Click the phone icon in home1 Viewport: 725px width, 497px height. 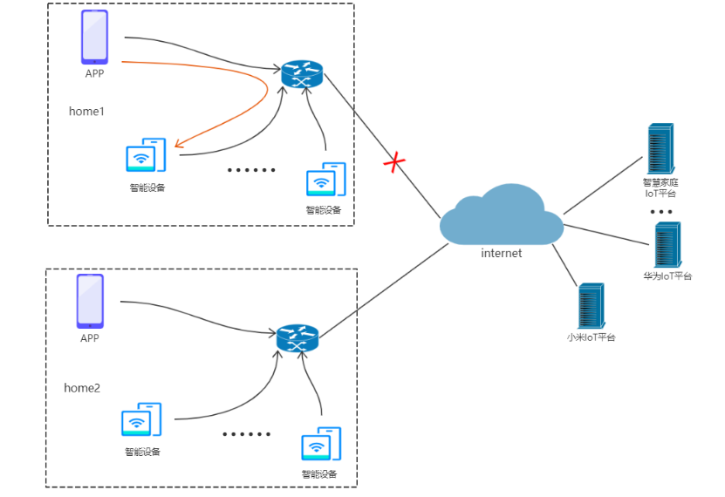(x=94, y=37)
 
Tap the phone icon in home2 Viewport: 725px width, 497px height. (x=90, y=301)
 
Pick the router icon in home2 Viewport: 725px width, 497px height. (x=298, y=338)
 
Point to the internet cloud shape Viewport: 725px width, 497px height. (x=501, y=215)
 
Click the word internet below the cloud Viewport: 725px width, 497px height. (x=502, y=254)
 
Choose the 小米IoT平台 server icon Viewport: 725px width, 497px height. (x=591, y=306)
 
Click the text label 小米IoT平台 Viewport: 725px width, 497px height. (x=591, y=337)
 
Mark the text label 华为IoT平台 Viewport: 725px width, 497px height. (x=667, y=276)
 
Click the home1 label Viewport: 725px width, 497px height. (x=86, y=112)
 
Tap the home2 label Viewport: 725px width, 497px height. (x=82, y=387)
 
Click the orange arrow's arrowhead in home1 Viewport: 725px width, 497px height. (x=178, y=144)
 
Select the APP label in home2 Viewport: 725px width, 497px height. (x=90, y=337)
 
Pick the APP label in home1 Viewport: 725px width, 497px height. (x=94, y=74)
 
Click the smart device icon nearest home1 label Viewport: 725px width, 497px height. (x=146, y=156)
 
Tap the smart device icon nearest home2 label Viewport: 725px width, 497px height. (x=141, y=420)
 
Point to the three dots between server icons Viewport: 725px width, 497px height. (x=660, y=212)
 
